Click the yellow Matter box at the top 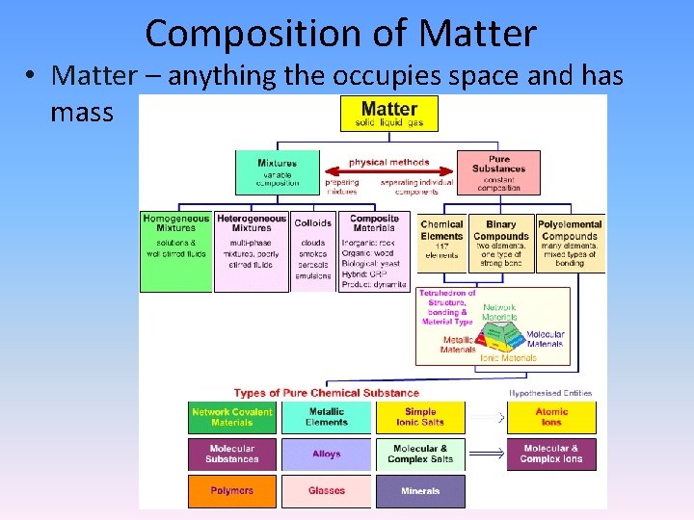coord(388,113)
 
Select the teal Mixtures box coord(277,172)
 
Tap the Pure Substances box coord(498,172)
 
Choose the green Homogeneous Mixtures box coord(175,250)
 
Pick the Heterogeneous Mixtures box coord(251,250)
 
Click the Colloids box coord(312,250)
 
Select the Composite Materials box coord(374,250)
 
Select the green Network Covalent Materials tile coord(231,417)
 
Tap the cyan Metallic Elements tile coord(326,417)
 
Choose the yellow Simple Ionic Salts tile coord(420,417)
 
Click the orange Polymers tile coord(231,490)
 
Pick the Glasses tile coord(326,490)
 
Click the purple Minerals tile coord(420,490)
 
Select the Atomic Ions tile coord(551,417)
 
